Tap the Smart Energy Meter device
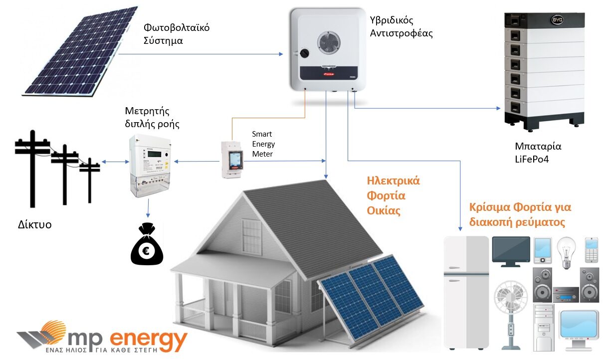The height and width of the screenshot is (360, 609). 231,159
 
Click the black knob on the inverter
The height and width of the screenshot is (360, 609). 304,53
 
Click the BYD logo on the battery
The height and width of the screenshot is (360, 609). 558,20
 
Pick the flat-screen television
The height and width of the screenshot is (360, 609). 511,249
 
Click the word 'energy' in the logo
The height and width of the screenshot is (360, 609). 148,340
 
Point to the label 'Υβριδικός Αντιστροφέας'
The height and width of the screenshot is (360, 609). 402,27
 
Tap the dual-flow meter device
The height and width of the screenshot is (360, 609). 148,165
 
